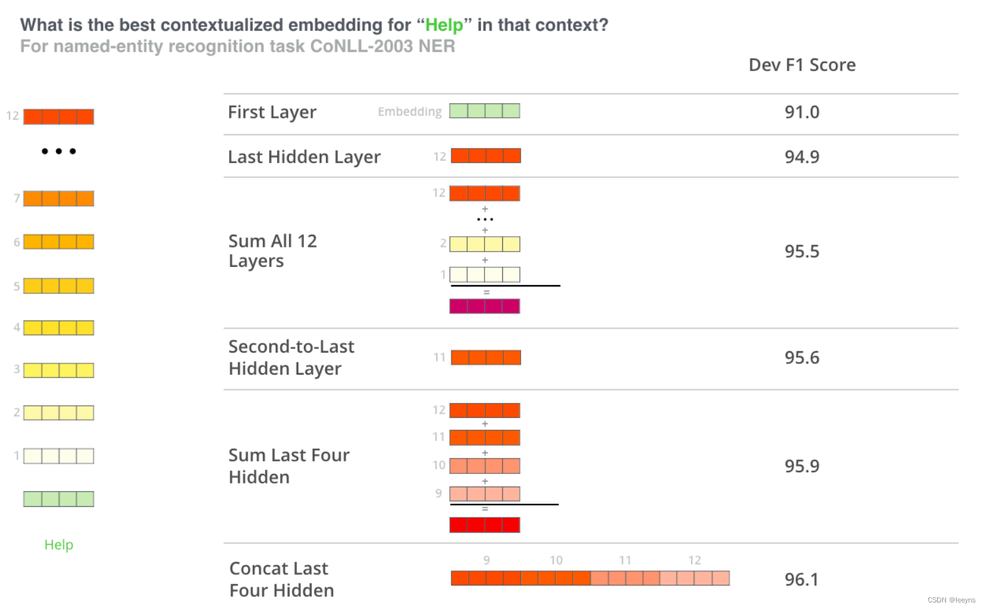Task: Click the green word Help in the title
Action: (x=444, y=25)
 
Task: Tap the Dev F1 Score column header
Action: (x=802, y=65)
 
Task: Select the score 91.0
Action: (x=801, y=112)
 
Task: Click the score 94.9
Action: (x=801, y=157)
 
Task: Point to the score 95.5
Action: (x=801, y=251)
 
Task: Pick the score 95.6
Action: (x=801, y=358)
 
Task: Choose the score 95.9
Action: (x=801, y=466)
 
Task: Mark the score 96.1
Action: (x=801, y=579)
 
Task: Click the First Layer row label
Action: (x=272, y=112)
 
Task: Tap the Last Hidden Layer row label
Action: (x=304, y=157)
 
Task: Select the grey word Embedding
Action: (x=409, y=111)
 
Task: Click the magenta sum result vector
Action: (x=485, y=306)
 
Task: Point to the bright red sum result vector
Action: (x=485, y=524)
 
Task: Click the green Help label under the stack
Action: (x=59, y=545)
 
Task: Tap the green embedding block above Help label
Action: (x=59, y=499)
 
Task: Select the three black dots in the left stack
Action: (x=59, y=151)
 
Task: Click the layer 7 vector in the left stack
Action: (x=59, y=198)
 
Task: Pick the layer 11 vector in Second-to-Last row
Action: (x=485, y=358)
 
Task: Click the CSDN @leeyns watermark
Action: (x=951, y=600)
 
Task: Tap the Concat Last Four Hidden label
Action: (x=281, y=579)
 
